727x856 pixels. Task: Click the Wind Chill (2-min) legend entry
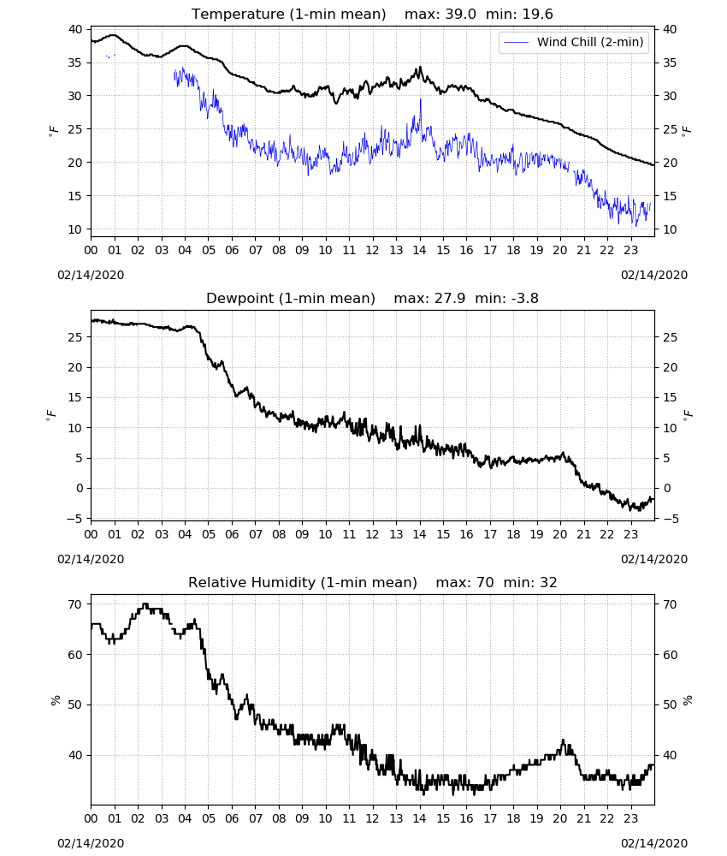click(573, 42)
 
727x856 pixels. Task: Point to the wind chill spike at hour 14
click(421, 100)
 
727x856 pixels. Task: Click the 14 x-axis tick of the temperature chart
click(419, 250)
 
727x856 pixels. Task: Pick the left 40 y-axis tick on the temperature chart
click(75, 29)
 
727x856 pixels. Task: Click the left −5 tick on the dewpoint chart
click(74, 518)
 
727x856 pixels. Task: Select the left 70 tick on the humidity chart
click(75, 604)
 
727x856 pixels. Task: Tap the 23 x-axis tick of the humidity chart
click(630, 818)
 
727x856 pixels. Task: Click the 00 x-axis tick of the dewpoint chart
click(91, 534)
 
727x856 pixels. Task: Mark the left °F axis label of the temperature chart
click(53, 131)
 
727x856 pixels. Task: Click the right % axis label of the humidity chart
click(688, 700)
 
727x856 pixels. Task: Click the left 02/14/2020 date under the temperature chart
click(91, 275)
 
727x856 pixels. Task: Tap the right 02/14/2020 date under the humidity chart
click(654, 843)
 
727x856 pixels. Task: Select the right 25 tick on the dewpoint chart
click(670, 337)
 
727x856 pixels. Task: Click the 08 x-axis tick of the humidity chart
click(279, 818)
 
